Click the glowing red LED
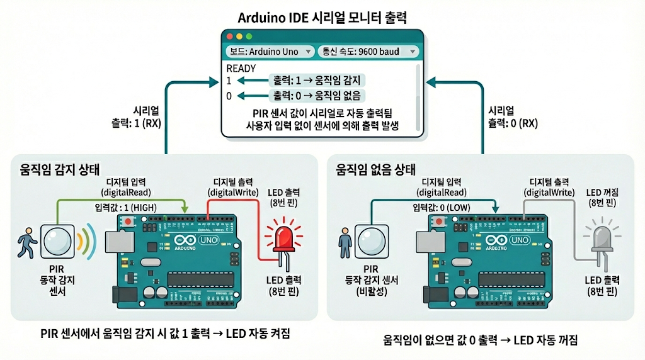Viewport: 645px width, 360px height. tap(282, 238)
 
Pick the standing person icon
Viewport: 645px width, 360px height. tap(344, 242)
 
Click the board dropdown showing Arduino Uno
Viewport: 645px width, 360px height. tap(270, 52)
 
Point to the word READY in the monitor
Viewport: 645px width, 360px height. tap(241, 69)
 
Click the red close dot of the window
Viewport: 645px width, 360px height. tap(229, 37)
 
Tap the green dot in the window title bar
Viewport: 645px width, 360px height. tap(249, 37)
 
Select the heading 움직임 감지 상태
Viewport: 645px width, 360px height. tap(59, 169)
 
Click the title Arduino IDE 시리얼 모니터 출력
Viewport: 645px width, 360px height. tap(322, 17)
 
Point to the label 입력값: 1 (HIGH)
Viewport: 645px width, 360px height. tap(126, 207)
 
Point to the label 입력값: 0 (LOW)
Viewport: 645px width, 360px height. tap(442, 207)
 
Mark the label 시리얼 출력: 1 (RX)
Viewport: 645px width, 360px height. tap(135, 116)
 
